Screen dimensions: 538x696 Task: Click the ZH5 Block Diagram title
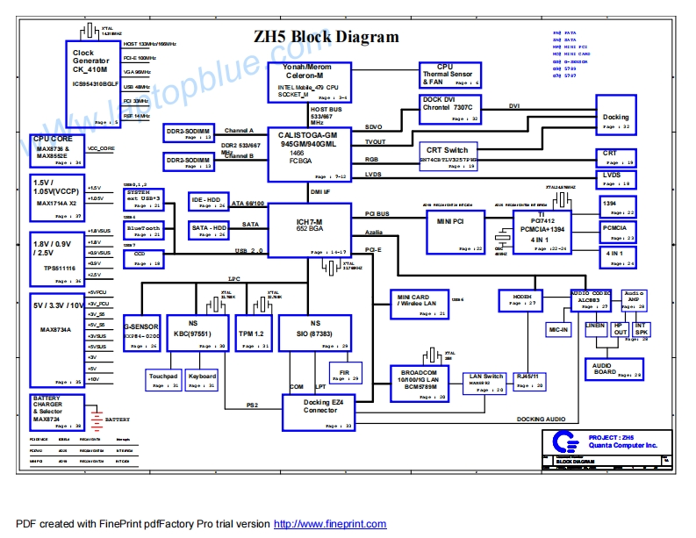(326, 38)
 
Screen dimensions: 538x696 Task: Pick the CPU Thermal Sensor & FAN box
(449, 75)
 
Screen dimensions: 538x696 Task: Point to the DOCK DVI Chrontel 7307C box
(451, 110)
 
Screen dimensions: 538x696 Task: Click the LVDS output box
(618, 179)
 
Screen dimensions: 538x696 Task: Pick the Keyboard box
(202, 379)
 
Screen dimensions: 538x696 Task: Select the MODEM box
(523, 300)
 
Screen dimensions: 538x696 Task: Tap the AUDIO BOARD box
(613, 369)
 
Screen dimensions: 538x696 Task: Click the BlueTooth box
(144, 231)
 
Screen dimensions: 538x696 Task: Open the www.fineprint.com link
(330, 524)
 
